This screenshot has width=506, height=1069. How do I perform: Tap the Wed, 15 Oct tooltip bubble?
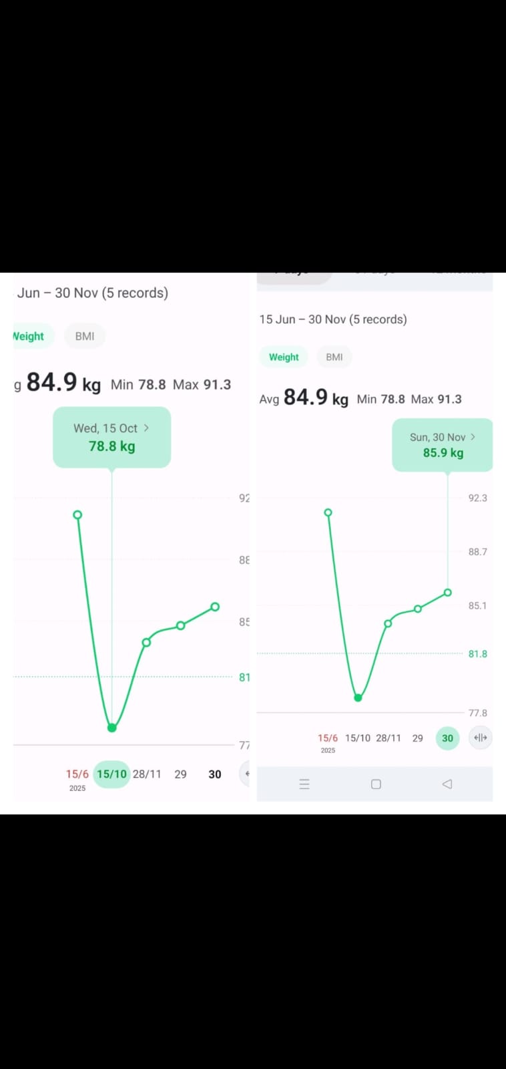click(111, 437)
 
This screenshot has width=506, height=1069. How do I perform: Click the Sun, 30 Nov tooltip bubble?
click(443, 445)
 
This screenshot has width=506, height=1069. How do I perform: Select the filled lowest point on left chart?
click(112, 728)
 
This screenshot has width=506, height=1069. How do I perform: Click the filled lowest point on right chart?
click(358, 698)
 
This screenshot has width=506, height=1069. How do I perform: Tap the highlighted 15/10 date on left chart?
click(111, 774)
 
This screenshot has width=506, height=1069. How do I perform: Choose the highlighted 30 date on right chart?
click(447, 738)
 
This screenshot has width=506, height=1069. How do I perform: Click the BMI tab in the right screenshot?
click(334, 357)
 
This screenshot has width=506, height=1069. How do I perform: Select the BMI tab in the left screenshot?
click(85, 336)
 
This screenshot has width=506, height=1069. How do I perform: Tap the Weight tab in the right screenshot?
click(284, 357)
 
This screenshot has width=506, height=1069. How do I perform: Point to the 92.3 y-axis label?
click(477, 498)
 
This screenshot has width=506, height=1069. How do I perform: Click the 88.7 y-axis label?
click(477, 552)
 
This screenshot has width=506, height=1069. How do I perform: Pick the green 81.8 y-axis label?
click(477, 653)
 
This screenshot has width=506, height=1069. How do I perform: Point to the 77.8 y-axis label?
click(477, 713)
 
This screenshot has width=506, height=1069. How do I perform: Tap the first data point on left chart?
click(77, 514)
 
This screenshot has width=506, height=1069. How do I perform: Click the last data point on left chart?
click(215, 607)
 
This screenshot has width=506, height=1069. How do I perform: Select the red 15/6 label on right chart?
click(328, 738)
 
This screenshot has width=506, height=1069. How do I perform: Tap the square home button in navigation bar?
click(376, 784)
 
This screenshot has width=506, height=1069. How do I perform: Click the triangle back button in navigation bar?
click(447, 784)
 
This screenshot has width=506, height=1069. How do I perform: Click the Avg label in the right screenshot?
click(269, 400)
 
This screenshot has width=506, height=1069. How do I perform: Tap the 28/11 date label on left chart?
click(147, 774)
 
